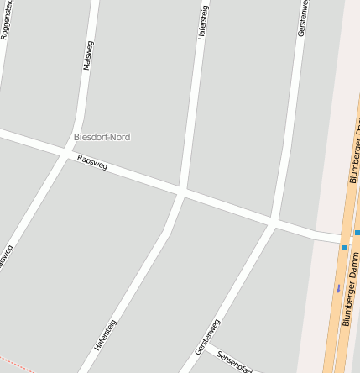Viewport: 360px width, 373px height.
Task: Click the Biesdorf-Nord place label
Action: pos(102,136)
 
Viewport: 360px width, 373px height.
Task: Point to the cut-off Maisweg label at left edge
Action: pos(5,259)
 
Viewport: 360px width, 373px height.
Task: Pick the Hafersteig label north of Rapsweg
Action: pos(201,22)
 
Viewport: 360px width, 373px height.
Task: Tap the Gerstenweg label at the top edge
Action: pos(301,17)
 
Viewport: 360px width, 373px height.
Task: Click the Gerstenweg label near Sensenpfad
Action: pos(206,335)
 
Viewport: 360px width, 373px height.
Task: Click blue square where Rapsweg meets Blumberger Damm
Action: pos(344,248)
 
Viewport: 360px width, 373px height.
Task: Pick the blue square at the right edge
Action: pos(357,233)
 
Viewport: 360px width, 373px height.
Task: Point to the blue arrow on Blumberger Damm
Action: pos(339,288)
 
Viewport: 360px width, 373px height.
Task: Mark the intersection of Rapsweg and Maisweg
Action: pos(67,152)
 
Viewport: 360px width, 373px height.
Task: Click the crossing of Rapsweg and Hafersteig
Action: pos(181,192)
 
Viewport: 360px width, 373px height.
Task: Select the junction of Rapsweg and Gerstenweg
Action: pos(273,223)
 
